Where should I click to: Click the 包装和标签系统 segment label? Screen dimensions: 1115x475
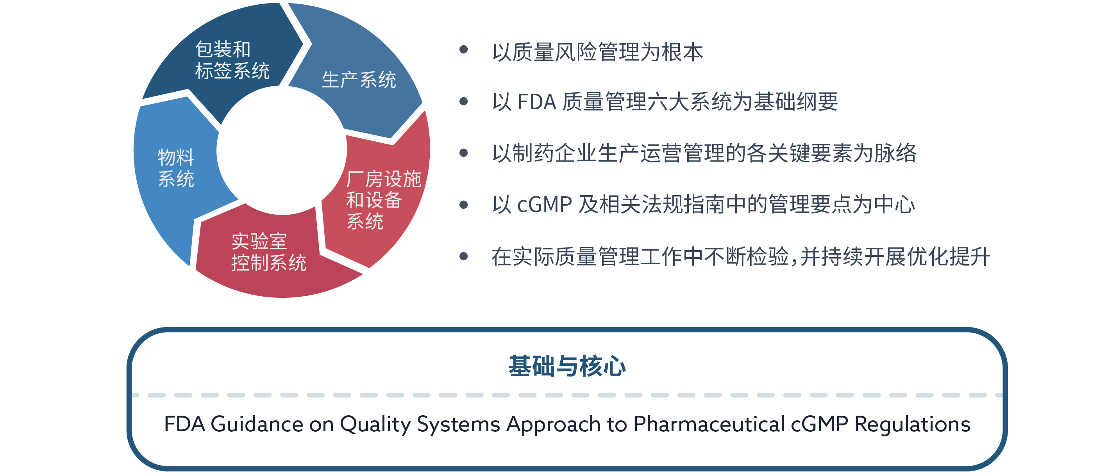232,60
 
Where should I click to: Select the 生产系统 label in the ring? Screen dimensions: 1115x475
359,80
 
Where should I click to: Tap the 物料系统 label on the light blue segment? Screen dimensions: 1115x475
176,168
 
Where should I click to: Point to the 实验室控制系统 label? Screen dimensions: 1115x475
268,252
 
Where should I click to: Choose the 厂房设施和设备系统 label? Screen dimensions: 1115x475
384,200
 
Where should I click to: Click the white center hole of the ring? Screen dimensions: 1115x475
282,149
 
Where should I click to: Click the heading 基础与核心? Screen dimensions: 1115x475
567,366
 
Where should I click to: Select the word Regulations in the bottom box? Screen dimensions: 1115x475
912,424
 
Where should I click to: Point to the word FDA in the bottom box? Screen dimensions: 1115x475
184,424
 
